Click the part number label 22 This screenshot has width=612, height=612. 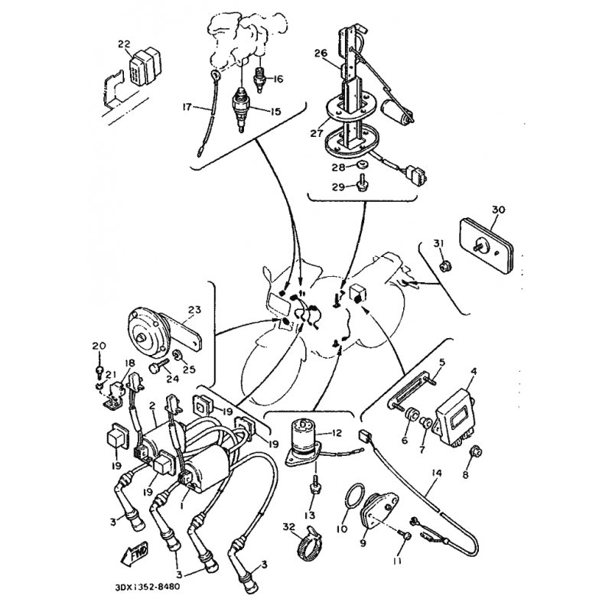[x=124, y=44]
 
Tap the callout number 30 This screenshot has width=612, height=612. [x=498, y=210]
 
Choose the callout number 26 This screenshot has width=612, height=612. [x=321, y=53]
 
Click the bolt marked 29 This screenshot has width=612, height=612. [x=361, y=184]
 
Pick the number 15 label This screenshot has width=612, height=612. [x=275, y=112]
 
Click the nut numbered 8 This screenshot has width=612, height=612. [x=474, y=452]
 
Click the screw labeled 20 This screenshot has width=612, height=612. [x=99, y=371]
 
